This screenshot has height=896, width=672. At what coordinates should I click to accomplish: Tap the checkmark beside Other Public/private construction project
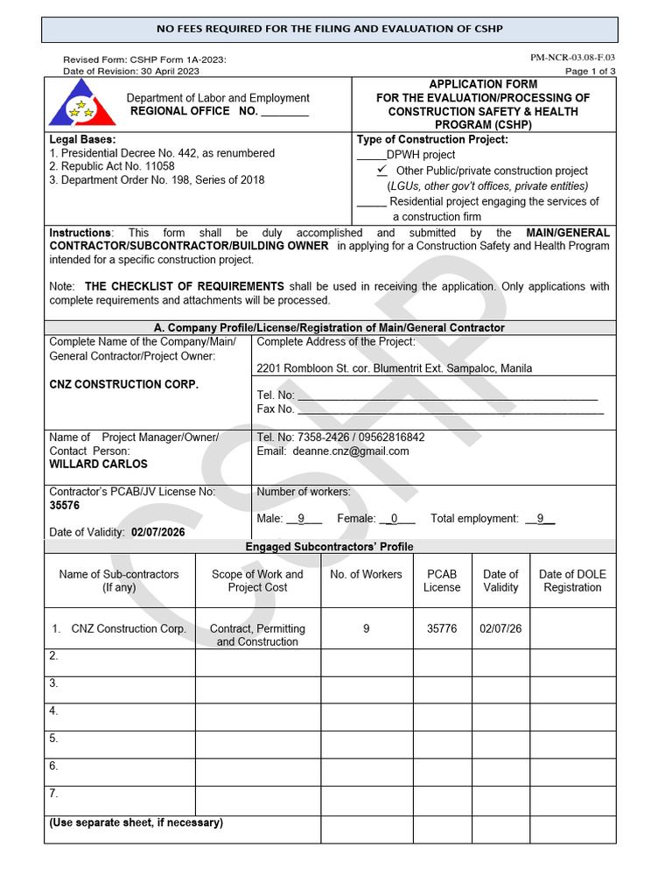point(381,169)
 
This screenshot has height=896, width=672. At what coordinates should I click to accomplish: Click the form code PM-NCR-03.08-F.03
point(572,58)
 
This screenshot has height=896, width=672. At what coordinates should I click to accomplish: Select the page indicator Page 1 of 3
point(590,72)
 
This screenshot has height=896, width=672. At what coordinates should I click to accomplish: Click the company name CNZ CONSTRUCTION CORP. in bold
point(123,384)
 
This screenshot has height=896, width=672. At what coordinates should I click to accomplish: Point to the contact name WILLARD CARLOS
point(98,464)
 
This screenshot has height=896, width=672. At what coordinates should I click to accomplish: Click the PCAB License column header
point(442,580)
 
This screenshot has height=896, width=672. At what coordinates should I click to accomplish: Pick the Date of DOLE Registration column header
point(572,580)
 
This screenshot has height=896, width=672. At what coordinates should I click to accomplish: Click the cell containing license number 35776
point(442,628)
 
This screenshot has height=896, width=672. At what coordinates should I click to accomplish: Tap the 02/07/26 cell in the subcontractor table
point(500,628)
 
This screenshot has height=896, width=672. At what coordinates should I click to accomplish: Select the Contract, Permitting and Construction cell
point(257,634)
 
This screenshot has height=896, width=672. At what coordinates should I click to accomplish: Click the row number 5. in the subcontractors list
point(54,738)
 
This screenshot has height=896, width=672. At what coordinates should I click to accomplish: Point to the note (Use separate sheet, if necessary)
point(136,822)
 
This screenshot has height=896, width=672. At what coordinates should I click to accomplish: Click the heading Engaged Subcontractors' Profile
point(330,546)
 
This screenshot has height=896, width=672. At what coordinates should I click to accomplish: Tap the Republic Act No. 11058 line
point(111,166)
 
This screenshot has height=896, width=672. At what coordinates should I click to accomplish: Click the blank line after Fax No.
point(450,409)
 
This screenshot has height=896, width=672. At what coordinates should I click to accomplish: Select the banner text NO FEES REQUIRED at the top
point(329,29)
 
